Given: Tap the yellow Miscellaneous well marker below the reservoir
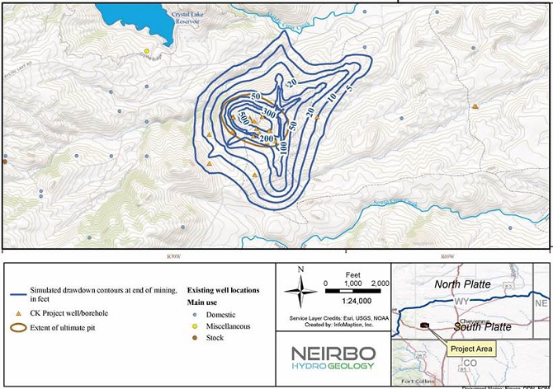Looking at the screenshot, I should tap(147, 52).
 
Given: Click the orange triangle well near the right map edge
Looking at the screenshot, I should tap(475, 106).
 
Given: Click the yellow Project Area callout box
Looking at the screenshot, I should tap(471, 349).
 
